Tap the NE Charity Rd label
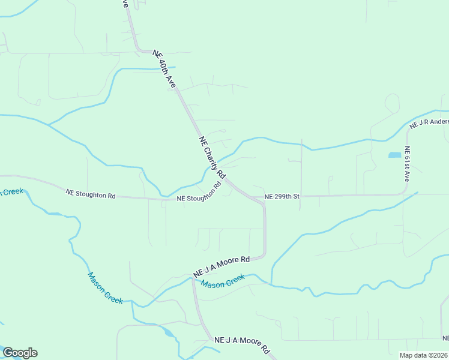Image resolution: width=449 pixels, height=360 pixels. [212, 157]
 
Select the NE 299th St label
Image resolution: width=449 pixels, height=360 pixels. [282, 196]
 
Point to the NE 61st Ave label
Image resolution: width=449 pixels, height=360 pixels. [406, 164]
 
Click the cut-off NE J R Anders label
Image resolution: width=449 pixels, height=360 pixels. [429, 124]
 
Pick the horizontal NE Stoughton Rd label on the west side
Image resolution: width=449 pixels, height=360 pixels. [91, 194]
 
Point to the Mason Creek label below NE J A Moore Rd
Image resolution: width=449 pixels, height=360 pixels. [223, 280]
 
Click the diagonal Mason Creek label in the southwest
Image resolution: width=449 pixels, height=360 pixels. [105, 288]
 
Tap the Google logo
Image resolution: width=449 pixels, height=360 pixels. [20, 353]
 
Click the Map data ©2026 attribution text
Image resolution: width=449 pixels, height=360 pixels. [423, 355]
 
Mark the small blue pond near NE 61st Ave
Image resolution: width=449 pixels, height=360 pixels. [394, 155]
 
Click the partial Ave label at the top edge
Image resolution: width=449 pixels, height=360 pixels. [125, 4]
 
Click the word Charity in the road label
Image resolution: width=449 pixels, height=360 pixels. [214, 160]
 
